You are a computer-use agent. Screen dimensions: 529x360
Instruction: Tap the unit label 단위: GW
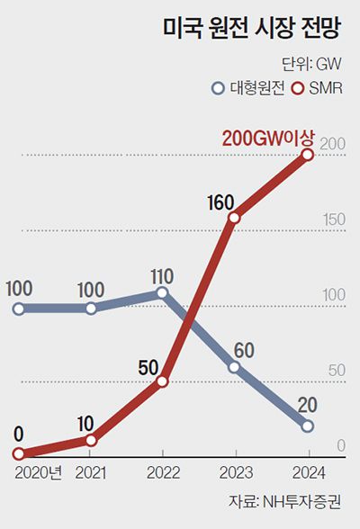click(x=312, y=64)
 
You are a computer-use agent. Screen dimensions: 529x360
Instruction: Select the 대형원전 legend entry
click(x=247, y=88)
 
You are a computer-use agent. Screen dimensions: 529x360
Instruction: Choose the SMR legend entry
click(x=320, y=88)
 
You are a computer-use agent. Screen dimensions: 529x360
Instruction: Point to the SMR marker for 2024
click(x=308, y=156)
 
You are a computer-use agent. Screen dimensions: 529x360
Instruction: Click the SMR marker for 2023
click(x=234, y=217)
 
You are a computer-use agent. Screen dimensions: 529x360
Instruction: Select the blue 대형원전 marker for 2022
click(x=162, y=292)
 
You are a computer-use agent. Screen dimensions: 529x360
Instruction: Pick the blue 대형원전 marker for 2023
click(x=234, y=367)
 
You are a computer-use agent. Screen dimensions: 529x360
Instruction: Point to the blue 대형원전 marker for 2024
click(x=308, y=426)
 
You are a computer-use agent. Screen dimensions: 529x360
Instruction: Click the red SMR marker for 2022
click(x=162, y=381)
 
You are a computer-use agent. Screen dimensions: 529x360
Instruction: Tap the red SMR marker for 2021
click(x=91, y=440)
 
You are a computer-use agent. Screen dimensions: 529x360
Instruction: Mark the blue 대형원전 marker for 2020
click(x=19, y=309)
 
